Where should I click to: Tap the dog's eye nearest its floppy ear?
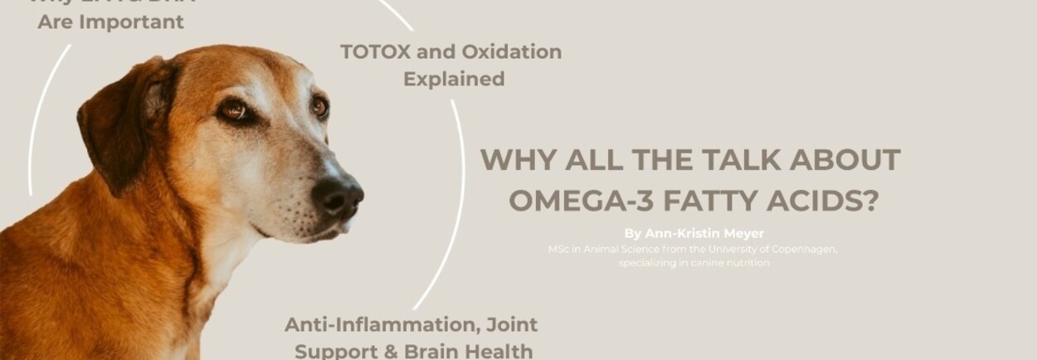[234, 109]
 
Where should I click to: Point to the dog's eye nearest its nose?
[319, 106]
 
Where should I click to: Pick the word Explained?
[454, 79]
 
